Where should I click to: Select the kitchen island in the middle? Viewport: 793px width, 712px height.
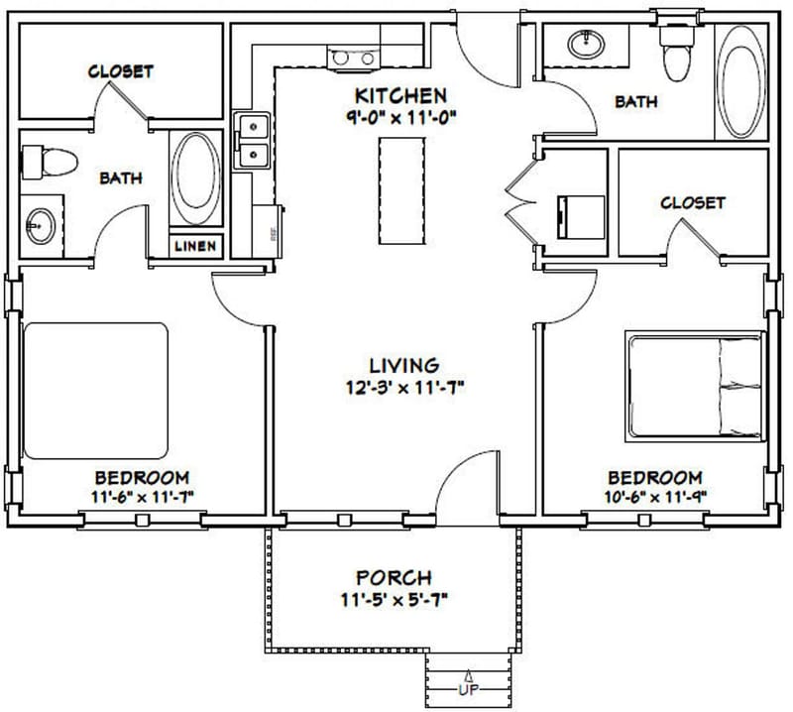point(401,191)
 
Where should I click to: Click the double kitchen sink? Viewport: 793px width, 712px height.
point(254,141)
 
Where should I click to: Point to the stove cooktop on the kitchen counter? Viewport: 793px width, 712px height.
point(354,58)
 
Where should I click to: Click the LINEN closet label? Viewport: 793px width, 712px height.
point(195,246)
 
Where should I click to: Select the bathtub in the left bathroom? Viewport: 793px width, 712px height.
point(196,177)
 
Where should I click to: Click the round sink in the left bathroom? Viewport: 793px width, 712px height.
point(39,226)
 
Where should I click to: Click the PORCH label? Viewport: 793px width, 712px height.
point(394,577)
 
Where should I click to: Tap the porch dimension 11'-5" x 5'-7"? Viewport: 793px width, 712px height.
point(394,597)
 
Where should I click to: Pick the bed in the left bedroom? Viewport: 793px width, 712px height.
point(95,391)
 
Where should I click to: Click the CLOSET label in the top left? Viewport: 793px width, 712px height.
point(121,71)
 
